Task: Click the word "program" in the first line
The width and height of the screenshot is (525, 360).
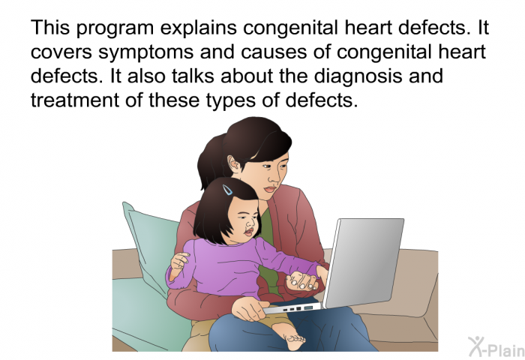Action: click(x=115, y=28)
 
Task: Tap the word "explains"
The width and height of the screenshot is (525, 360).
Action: click(x=199, y=28)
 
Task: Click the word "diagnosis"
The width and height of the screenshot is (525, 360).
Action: click(x=358, y=76)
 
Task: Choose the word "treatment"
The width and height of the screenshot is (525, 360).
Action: click(x=75, y=100)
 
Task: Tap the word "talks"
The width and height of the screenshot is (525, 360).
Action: click(x=192, y=76)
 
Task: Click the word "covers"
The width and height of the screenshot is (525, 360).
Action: click(x=61, y=52)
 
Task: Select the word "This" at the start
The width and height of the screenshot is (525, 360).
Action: click(x=50, y=27)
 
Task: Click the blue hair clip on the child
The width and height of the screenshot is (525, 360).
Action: click(x=228, y=190)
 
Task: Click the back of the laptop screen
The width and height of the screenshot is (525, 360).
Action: click(x=364, y=262)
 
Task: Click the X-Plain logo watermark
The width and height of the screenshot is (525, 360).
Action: click(x=496, y=346)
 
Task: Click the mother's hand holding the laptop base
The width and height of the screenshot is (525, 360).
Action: click(x=250, y=309)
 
